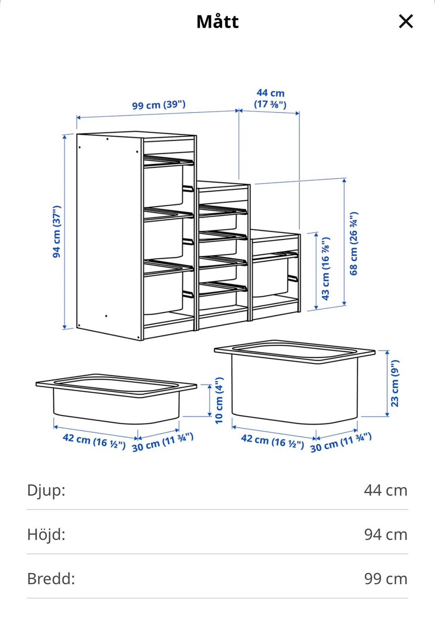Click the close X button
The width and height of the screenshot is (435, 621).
[406, 21]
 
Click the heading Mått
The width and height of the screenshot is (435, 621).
[217, 22]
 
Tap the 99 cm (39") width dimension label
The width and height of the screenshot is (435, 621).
[159, 105]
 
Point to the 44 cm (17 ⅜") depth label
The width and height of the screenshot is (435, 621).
[270, 98]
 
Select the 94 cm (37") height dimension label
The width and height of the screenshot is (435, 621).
[57, 232]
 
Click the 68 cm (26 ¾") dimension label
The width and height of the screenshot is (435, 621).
[353, 244]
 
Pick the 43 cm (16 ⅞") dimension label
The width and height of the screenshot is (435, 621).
[325, 269]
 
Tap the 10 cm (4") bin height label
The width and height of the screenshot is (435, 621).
[219, 401]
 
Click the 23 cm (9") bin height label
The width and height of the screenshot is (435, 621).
[395, 383]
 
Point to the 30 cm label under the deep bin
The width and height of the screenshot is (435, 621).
[341, 442]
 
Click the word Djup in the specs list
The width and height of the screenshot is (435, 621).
[46, 490]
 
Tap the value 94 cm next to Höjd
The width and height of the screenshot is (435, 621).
[386, 534]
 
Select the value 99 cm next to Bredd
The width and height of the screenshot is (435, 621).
[386, 579]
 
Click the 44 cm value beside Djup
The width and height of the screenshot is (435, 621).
[386, 490]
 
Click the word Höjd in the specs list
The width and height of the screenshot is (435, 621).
[46, 534]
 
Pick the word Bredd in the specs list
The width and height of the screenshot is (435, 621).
[51, 578]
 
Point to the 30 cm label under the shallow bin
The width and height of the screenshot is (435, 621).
[163, 442]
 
